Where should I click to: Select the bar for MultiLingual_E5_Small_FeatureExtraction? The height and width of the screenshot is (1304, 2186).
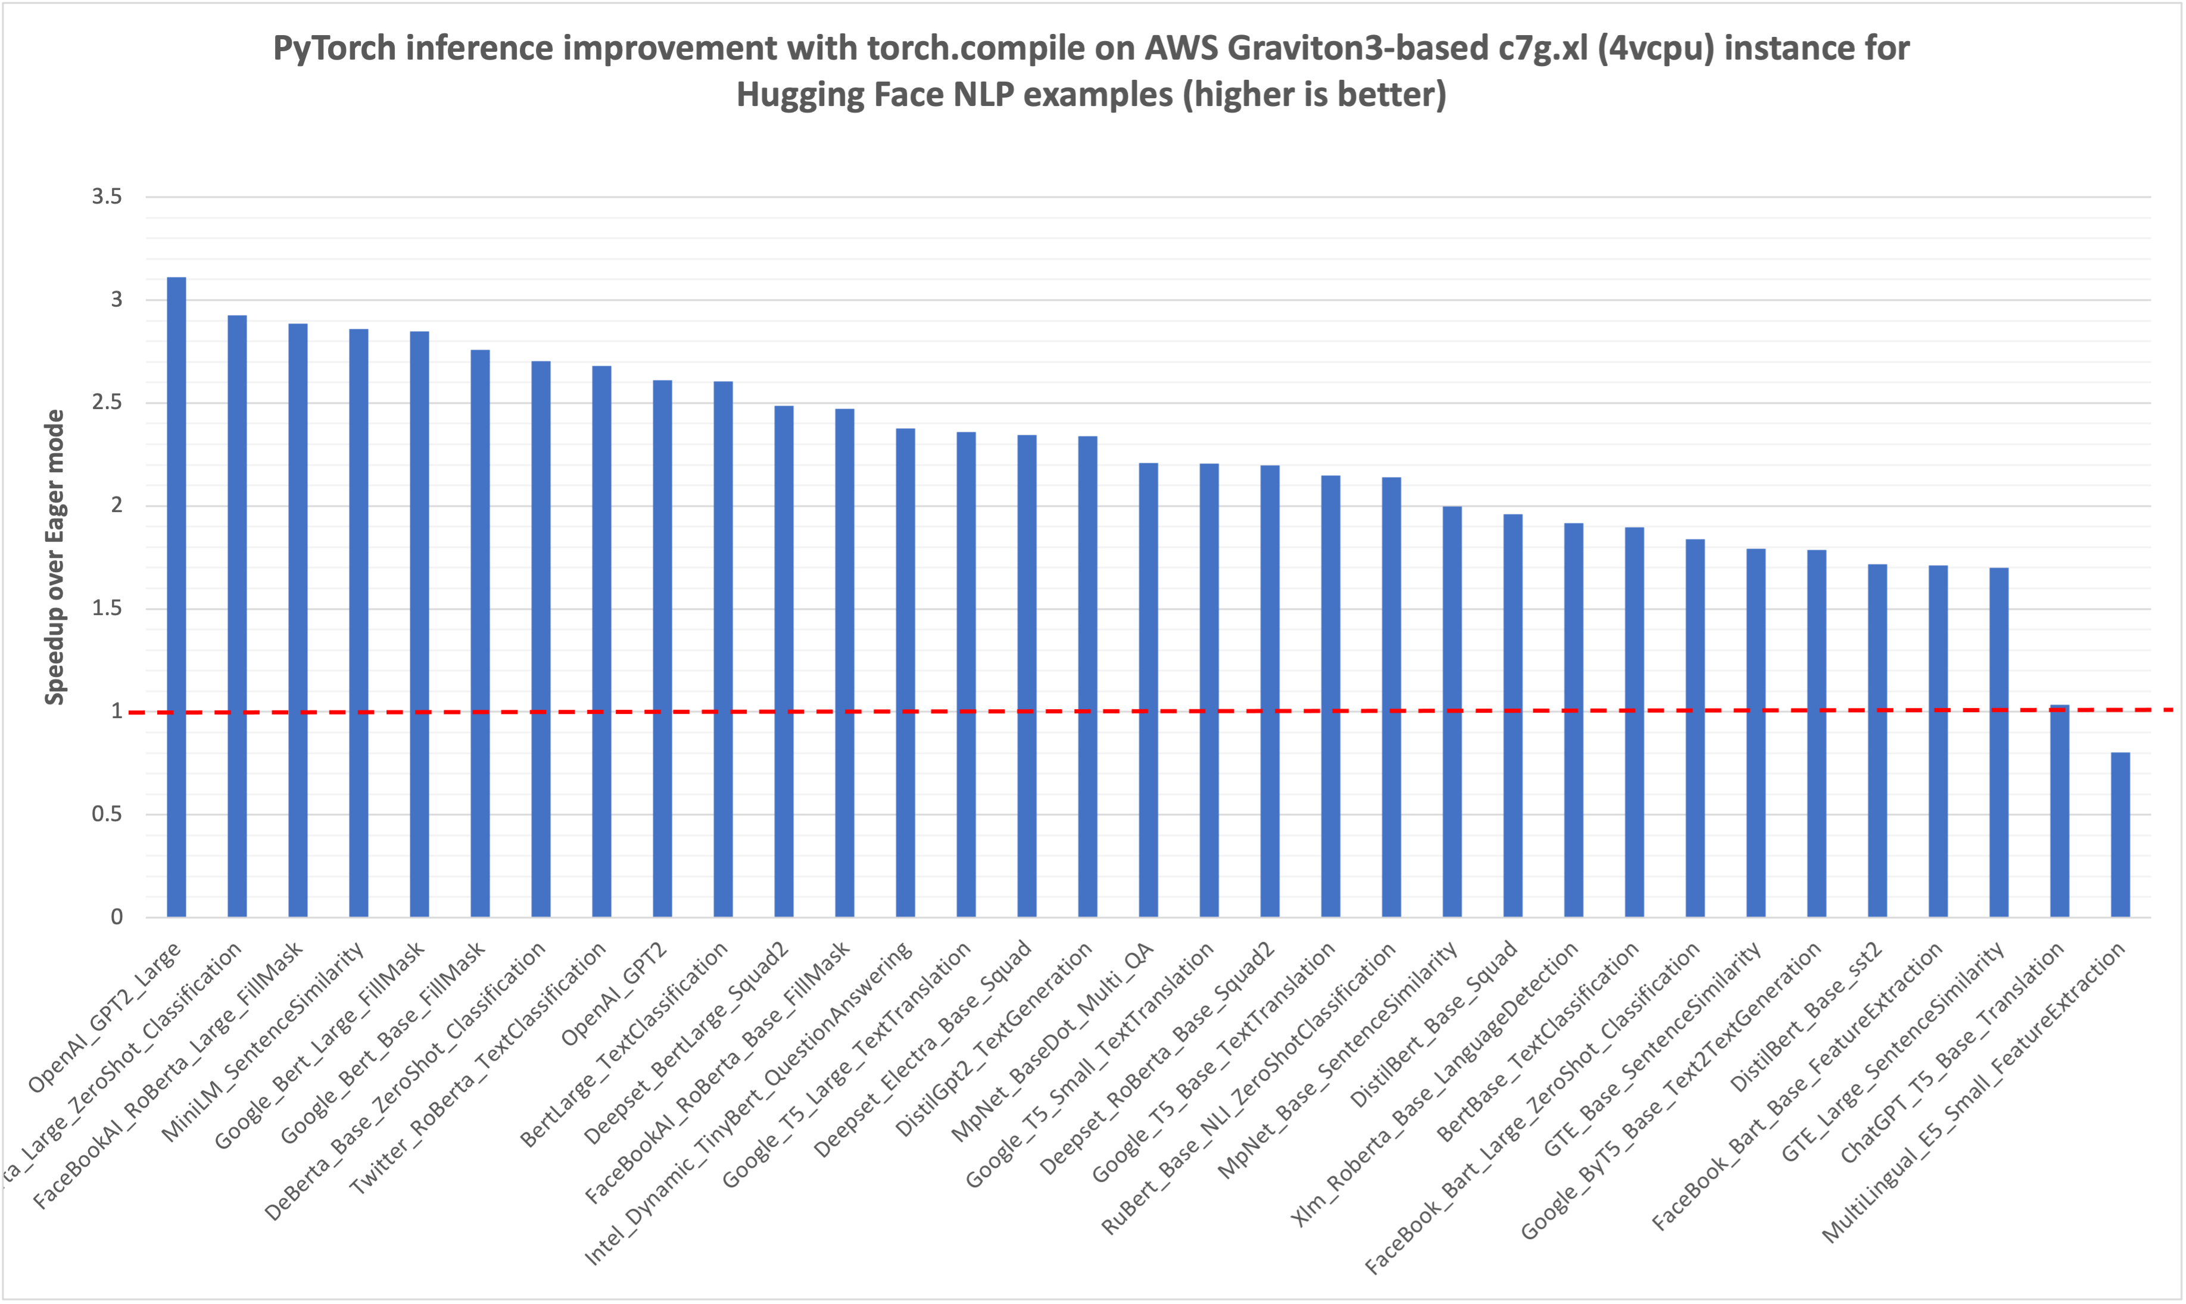2120,835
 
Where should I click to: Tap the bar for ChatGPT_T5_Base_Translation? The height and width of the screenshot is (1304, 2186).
2060,813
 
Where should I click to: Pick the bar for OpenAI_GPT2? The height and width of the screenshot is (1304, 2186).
663,650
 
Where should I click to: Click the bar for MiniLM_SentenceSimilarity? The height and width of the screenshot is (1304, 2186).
358,624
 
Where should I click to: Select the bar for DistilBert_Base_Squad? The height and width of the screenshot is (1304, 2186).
1513,716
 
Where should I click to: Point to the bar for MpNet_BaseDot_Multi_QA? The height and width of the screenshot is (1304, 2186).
1148,690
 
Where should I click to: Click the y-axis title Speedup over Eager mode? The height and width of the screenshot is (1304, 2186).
54,557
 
